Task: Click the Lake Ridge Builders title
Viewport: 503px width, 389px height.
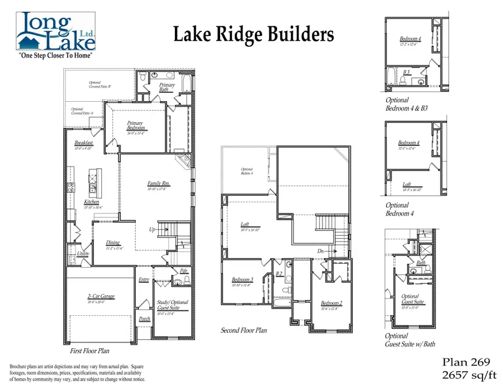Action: point(253,35)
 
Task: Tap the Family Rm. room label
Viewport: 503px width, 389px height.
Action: point(159,183)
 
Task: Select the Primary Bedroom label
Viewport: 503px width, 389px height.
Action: point(135,126)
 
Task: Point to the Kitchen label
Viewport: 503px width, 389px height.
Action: point(92,202)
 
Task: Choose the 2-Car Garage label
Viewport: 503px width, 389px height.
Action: point(101,296)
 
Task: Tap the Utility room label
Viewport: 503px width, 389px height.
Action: point(83,253)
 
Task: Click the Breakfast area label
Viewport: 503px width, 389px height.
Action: point(83,143)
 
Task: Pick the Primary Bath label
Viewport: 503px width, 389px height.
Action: point(167,87)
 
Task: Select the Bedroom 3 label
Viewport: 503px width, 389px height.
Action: point(243,279)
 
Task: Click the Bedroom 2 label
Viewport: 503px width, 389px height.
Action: point(331,303)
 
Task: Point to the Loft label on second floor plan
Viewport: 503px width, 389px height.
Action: point(244,225)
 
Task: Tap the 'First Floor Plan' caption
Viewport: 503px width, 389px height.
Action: point(89,351)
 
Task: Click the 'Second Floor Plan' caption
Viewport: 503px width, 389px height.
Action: point(243,330)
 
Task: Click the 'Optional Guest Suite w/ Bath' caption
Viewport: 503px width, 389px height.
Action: point(410,340)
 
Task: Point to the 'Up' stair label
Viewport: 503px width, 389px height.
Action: point(151,229)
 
